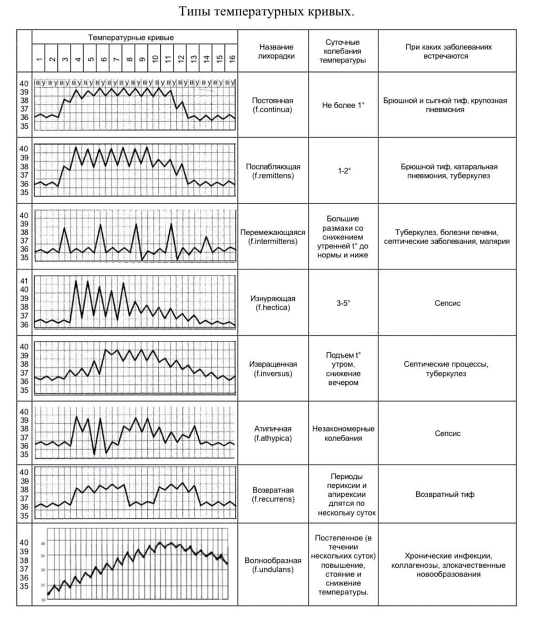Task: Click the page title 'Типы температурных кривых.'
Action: (x=266, y=12)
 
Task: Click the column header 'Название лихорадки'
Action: (x=276, y=51)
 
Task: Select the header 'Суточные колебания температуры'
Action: (x=343, y=51)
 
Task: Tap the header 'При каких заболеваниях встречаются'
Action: (x=448, y=51)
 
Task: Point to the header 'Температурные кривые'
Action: (x=131, y=37)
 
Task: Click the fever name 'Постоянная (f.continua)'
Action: (x=272, y=105)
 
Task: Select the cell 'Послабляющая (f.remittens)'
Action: (x=273, y=171)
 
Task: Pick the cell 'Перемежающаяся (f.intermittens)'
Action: (x=272, y=237)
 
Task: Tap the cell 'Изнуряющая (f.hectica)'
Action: (x=272, y=303)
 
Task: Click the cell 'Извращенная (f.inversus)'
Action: (x=272, y=369)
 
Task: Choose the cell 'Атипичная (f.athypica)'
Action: (x=272, y=433)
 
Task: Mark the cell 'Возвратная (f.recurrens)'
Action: (x=273, y=494)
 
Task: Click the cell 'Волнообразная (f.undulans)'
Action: (x=273, y=564)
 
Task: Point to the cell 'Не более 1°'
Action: (x=343, y=105)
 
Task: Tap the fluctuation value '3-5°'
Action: (x=343, y=303)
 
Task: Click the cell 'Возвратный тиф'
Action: (x=445, y=494)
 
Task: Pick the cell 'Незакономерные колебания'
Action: (x=343, y=433)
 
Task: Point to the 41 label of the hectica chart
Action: (x=24, y=281)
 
